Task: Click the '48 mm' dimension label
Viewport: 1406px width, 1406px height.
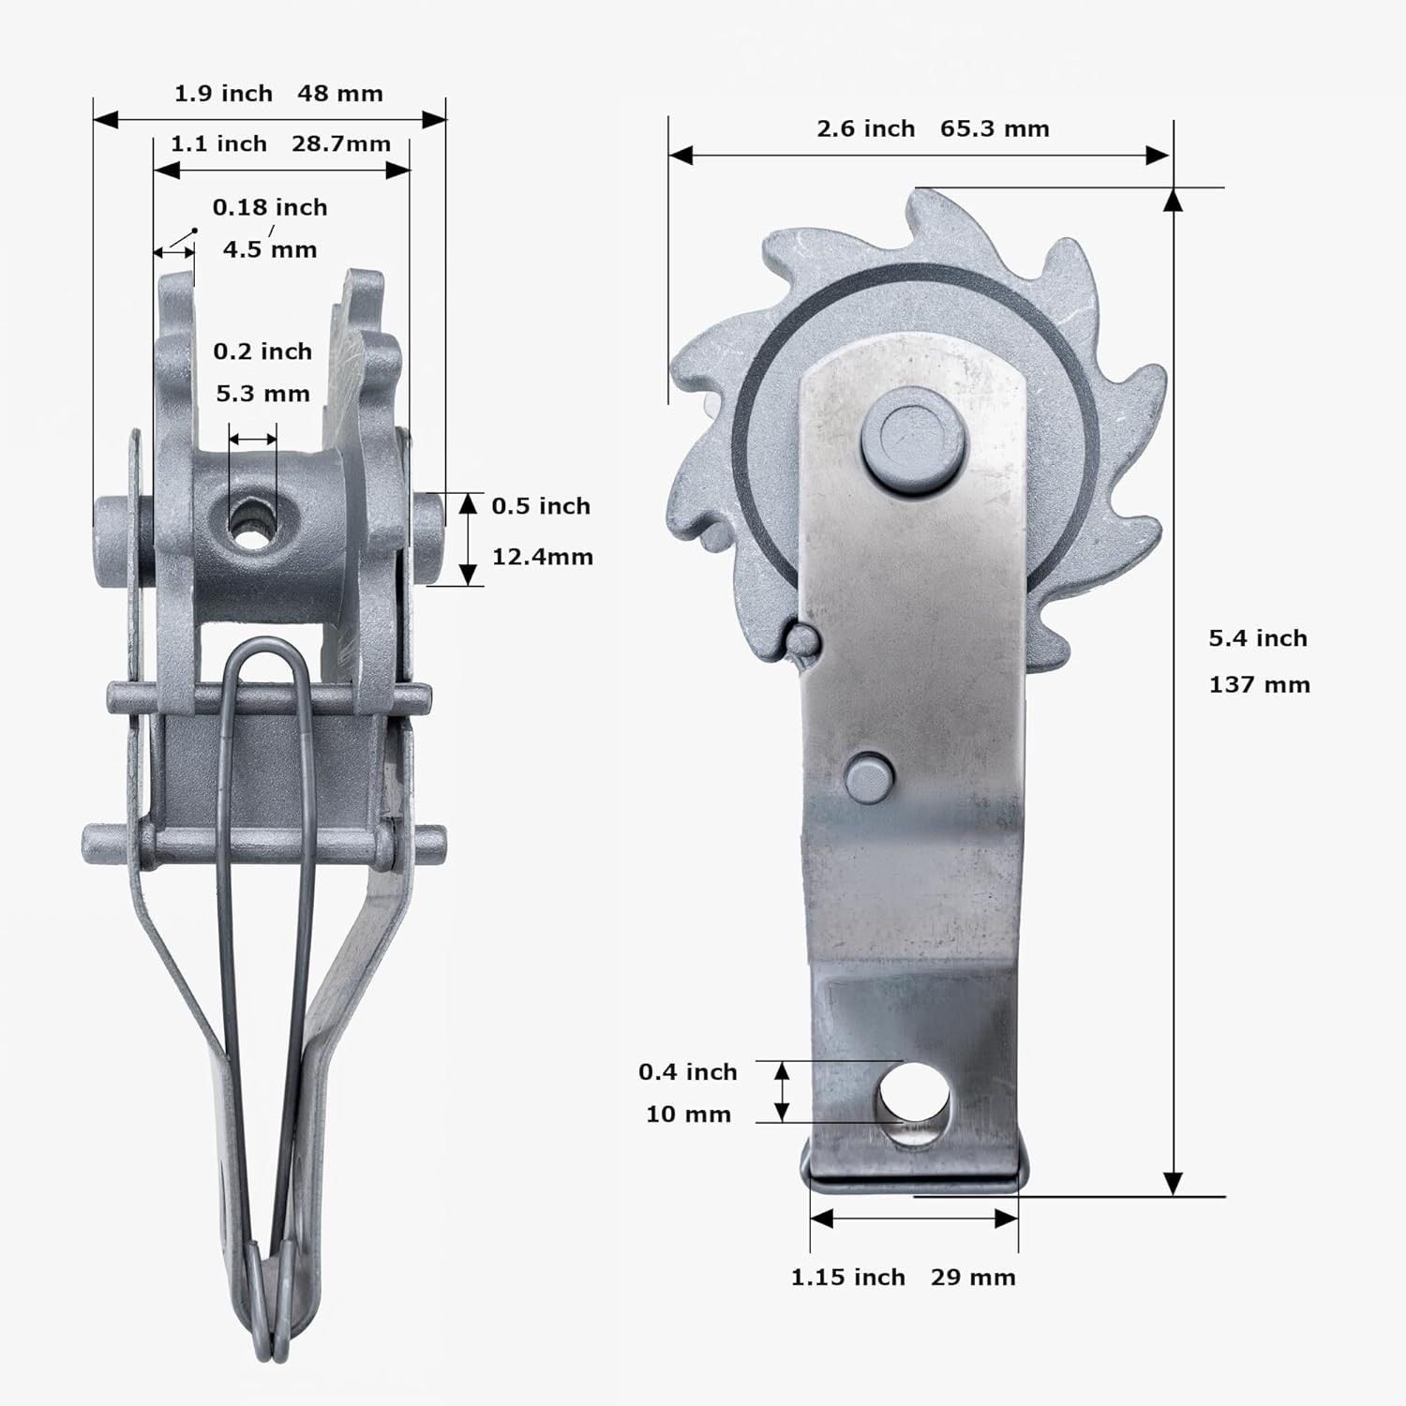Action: coord(340,94)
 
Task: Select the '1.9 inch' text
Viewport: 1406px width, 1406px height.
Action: coord(223,94)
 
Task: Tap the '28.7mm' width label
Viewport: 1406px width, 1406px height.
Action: coord(341,144)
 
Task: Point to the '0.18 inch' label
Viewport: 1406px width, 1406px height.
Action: coord(270,207)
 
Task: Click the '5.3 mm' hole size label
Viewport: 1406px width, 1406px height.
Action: coord(262,394)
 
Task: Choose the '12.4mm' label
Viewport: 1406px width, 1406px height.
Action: coord(543,557)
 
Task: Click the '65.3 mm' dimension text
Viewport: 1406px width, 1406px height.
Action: coord(995,128)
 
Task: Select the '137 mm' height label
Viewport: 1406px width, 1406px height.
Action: coord(1259,685)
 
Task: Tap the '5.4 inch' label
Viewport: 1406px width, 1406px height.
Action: coord(1257,638)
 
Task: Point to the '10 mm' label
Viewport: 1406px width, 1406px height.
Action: coord(688,1114)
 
